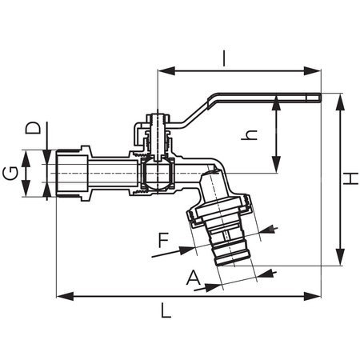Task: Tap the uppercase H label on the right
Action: (350, 180)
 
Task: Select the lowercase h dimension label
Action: (251, 136)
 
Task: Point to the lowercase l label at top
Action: (225, 57)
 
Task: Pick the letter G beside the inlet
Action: (11, 174)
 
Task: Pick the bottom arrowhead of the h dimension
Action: (277, 168)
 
